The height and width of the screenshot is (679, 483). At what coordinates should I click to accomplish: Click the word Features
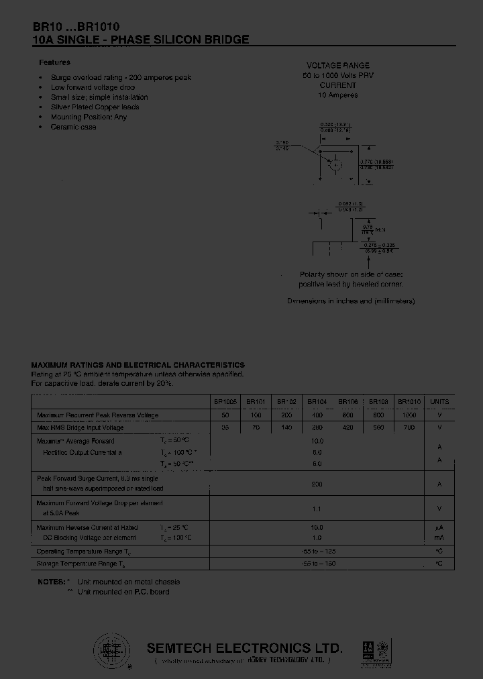pos(54,62)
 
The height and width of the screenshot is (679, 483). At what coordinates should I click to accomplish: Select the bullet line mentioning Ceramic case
pos(73,127)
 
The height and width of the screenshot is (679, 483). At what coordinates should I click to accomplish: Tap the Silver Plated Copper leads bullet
pos(95,107)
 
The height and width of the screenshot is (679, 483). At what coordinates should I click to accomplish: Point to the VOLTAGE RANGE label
pos(338,66)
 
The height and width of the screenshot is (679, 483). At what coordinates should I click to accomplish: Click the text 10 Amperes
pos(338,95)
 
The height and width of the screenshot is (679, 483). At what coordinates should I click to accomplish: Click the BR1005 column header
pos(225,402)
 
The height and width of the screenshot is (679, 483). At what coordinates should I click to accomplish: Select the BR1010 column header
pos(409,402)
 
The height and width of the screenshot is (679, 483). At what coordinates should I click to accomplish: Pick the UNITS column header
pos(439,402)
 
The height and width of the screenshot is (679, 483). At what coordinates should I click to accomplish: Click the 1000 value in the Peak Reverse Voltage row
pos(409,415)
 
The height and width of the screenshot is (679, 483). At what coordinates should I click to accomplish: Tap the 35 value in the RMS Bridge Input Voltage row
pos(225,427)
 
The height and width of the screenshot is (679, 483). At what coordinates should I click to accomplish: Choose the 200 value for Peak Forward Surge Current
pos(317,483)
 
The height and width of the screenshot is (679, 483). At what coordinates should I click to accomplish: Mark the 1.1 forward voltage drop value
pos(317,509)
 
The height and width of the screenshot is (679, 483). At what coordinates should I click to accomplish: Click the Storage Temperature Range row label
pos(80,564)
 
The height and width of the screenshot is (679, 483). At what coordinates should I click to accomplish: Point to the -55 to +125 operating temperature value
pos(317,551)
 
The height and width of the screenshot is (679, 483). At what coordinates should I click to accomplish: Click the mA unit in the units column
pos(439,538)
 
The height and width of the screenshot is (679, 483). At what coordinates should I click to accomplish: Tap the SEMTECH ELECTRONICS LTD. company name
pos(245,648)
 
